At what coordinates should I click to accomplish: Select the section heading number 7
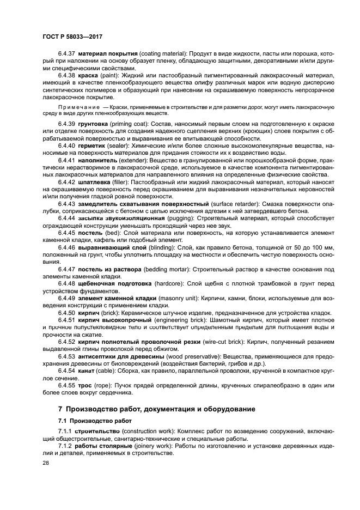[x=61, y=409]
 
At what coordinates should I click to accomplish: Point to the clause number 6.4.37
[x=67, y=55]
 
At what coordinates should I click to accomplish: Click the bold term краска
[x=89, y=76]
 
